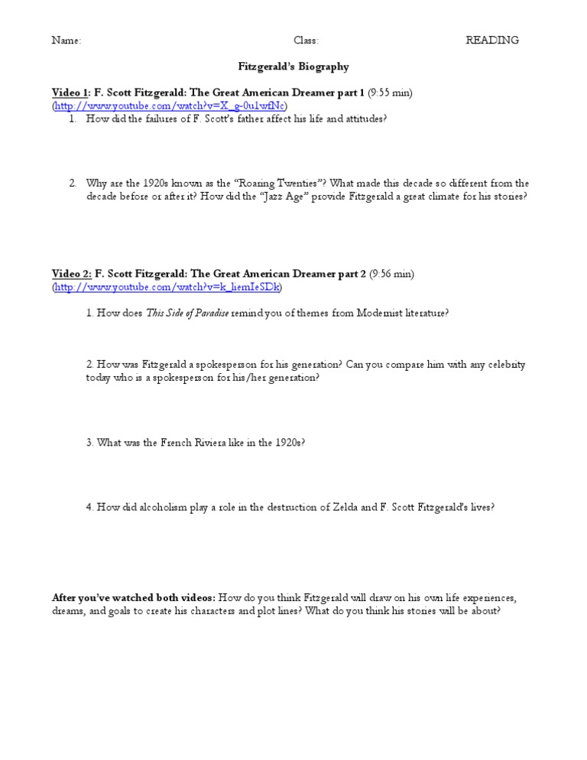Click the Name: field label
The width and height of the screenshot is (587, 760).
pyautogui.click(x=66, y=41)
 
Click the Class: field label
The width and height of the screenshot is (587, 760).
pyautogui.click(x=306, y=41)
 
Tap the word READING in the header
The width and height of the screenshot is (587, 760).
pyautogui.click(x=492, y=41)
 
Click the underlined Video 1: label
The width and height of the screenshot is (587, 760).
pyautogui.click(x=71, y=93)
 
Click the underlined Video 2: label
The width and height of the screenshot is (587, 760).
pyautogui.click(x=71, y=274)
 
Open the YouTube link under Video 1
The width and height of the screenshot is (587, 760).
pyautogui.click(x=169, y=106)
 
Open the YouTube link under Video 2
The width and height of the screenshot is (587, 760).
pyautogui.click(x=167, y=287)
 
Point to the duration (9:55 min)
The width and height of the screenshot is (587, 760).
pyautogui.click(x=390, y=93)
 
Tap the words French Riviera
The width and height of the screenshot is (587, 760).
pyautogui.click(x=185, y=443)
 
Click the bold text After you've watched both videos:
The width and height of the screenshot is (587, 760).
pyautogui.click(x=134, y=597)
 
